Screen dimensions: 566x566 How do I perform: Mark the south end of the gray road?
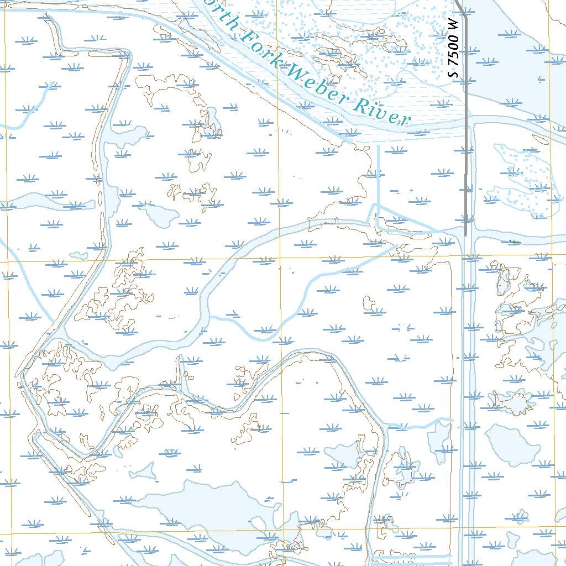(465, 235)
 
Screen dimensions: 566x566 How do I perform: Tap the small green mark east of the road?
(514, 242)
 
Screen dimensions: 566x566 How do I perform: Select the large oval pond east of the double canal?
(512, 445)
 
